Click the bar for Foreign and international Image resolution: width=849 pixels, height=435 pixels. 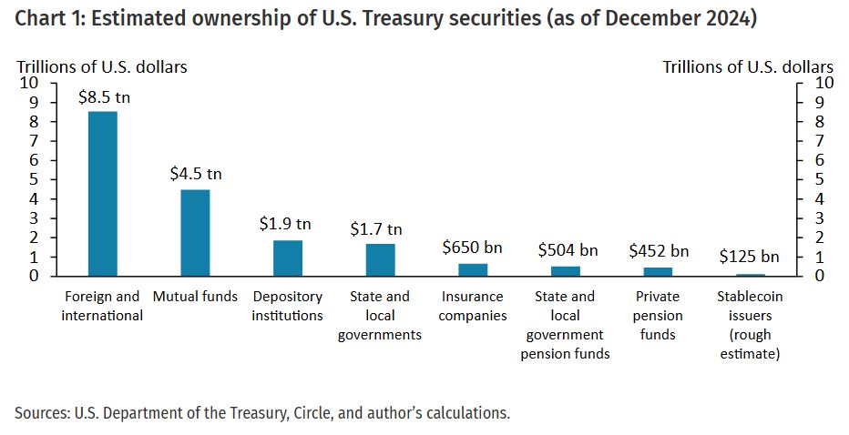point(102,193)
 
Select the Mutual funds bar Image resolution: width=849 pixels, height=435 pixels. point(195,232)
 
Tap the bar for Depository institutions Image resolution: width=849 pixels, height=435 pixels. point(288,258)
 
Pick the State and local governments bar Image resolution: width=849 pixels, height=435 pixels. point(381,259)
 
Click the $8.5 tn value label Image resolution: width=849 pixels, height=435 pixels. point(102,96)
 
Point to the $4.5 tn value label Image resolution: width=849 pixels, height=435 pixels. point(195,174)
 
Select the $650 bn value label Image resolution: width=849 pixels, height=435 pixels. point(472,248)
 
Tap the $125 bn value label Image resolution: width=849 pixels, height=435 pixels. point(749,258)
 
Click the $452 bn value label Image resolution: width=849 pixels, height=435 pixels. point(658,251)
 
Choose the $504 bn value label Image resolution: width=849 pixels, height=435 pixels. point(567,250)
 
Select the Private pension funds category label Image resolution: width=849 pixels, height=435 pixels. point(658,315)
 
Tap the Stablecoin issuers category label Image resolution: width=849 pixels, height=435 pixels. point(749,325)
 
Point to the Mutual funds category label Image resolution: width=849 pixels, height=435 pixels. point(195,297)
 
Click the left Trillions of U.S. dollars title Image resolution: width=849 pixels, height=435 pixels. point(102,66)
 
